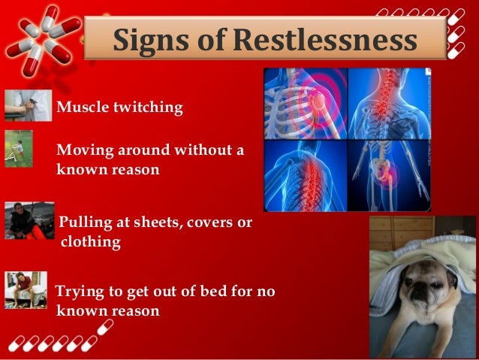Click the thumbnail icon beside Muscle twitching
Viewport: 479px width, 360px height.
click(x=28, y=106)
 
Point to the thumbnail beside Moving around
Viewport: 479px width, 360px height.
click(x=19, y=148)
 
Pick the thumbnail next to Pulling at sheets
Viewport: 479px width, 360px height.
click(x=29, y=220)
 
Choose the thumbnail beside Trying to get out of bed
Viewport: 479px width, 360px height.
click(x=26, y=290)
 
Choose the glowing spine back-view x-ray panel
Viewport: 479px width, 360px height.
click(x=305, y=174)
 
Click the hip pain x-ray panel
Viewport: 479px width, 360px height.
click(x=389, y=174)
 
